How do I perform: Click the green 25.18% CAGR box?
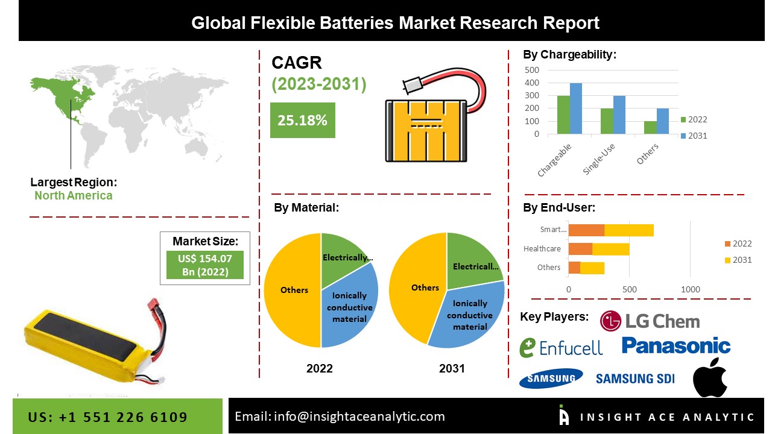point(302,120)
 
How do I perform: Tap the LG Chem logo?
point(650,321)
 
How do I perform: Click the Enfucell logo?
point(561,347)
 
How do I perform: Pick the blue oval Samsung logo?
point(551,379)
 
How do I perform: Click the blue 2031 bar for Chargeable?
point(576,108)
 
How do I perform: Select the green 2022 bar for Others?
point(650,128)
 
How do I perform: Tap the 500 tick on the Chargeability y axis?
point(531,70)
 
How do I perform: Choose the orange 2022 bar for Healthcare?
point(580,248)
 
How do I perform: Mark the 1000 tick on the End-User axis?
point(691,289)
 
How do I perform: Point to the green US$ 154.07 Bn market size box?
point(204,265)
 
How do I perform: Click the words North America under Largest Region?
point(73,195)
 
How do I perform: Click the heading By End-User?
point(558,208)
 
